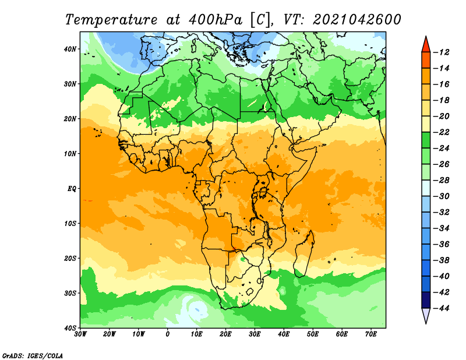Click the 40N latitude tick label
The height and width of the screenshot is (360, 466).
[70, 49]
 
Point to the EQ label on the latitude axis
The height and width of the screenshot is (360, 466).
[72, 189]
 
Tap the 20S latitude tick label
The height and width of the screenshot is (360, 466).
[70, 258]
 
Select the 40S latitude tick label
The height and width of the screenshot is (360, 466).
[70, 328]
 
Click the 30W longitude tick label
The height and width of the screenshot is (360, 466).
[80, 334]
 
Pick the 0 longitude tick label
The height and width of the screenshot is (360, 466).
[168, 334]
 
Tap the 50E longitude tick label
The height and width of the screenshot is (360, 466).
[313, 334]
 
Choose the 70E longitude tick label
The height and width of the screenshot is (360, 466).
[371, 334]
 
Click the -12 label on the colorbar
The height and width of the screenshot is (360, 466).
[442, 52]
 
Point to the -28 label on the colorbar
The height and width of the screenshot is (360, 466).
[442, 180]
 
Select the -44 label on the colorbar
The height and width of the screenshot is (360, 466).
[442, 308]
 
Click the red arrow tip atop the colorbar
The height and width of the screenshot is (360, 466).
[426, 37]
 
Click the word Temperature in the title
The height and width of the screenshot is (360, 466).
[111, 20]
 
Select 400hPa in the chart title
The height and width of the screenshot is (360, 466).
[215, 20]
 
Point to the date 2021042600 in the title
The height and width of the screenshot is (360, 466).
[357, 20]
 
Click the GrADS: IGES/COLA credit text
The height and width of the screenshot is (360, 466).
[33, 356]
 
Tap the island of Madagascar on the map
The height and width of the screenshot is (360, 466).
[305, 254]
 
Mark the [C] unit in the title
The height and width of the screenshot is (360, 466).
[260, 20]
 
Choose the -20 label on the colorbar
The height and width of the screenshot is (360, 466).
[442, 117]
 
